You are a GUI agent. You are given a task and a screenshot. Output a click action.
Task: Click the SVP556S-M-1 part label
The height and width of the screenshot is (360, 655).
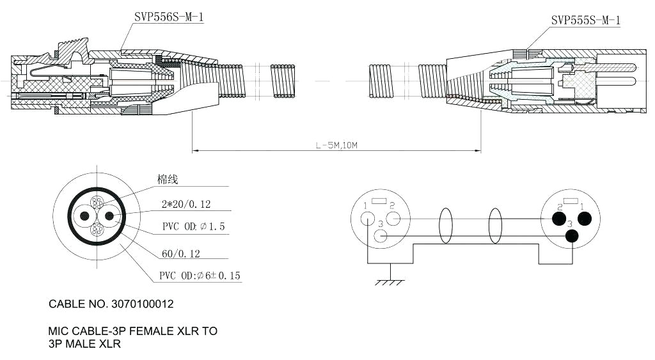tap(169, 17)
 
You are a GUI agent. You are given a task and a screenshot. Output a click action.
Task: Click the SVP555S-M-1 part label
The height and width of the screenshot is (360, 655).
tap(586, 20)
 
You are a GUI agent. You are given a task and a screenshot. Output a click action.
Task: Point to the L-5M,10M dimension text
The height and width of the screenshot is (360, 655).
tap(336, 146)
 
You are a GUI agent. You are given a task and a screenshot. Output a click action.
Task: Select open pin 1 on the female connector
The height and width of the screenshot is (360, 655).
tap(368, 218)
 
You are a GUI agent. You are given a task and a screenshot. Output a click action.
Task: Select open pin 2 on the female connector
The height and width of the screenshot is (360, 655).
tap(393, 218)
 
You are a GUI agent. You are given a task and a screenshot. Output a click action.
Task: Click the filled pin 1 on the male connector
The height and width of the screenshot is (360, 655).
tap(584, 219)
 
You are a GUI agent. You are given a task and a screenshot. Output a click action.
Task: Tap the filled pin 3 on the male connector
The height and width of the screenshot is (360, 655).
tap(572, 236)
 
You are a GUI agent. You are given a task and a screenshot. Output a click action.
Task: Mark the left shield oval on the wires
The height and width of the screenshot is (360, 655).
tap(446, 226)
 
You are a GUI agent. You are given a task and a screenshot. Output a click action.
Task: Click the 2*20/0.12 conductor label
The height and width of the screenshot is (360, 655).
tap(186, 205)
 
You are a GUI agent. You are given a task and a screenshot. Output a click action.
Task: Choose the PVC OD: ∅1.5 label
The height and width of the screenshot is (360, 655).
tap(193, 227)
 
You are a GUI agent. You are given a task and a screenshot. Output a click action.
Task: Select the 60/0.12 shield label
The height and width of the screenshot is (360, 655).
tap(181, 254)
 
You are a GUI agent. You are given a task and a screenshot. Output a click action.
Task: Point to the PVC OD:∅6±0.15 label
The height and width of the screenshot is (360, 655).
tap(200, 276)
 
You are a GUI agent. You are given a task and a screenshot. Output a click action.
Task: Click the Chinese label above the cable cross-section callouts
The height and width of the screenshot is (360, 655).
tap(168, 180)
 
